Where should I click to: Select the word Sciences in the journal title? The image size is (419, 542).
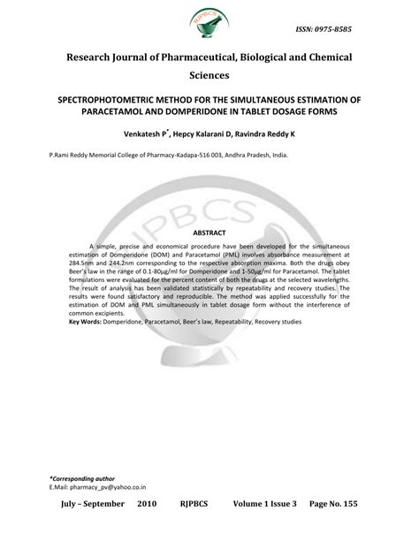coord(209,77)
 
